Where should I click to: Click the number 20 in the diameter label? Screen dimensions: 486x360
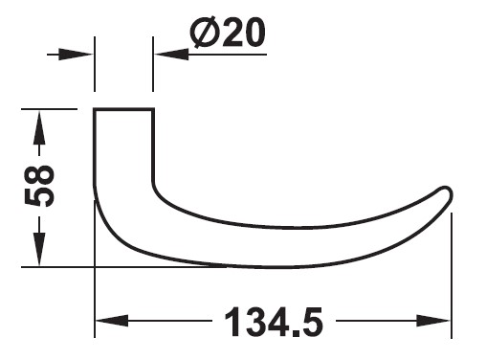[244, 33]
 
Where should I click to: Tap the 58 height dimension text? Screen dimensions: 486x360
[39, 186]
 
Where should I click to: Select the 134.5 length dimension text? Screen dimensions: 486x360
[274, 322]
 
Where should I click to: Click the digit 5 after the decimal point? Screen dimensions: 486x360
[311, 322]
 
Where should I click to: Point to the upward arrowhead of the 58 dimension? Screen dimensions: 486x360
[39, 127]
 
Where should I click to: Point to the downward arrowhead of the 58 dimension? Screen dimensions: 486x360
[39, 249]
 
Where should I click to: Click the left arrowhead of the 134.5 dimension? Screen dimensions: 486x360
[112, 321]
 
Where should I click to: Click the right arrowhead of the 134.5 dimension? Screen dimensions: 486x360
[433, 321]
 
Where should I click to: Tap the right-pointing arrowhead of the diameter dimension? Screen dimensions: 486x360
[76, 55]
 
